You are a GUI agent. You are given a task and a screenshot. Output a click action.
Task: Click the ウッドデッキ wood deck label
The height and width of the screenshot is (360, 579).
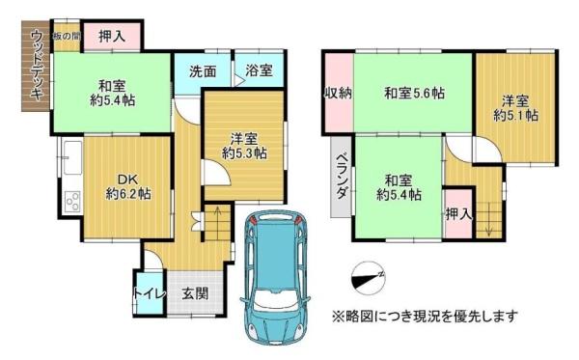tap(37, 65)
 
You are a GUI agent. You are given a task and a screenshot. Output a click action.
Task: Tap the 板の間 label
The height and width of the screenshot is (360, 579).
tap(67, 36)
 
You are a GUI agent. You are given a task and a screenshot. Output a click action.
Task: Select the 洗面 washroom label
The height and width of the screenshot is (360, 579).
tap(203, 71)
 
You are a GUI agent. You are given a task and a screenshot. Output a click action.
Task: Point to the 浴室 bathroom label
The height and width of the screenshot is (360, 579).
tap(260, 70)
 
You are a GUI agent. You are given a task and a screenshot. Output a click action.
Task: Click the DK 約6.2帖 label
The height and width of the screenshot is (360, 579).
tap(127, 187)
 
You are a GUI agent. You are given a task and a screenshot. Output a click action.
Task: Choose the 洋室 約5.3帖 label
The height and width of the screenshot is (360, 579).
tap(244, 146)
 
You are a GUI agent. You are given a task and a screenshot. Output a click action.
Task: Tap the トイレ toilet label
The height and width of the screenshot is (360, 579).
tap(150, 293)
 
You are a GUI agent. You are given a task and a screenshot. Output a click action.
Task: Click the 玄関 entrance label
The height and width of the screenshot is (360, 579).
tap(195, 294)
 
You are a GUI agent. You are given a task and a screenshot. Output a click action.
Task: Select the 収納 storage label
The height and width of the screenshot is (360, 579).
tap(339, 94)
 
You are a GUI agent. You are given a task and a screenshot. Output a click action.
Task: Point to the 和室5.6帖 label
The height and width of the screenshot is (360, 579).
tap(414, 93)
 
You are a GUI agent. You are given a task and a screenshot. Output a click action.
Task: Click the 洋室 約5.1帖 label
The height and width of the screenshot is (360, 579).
tap(515, 108)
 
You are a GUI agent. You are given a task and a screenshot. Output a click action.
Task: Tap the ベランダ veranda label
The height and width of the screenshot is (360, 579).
tap(342, 176)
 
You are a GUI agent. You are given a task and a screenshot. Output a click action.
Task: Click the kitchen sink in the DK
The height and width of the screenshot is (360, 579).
tap(72, 158)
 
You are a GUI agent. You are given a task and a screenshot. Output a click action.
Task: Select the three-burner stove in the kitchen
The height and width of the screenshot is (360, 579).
tap(73, 201)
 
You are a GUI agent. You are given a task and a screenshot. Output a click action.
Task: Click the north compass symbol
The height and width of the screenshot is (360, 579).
tap(369, 278)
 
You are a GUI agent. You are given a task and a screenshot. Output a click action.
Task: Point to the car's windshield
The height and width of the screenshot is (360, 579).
tap(275, 299)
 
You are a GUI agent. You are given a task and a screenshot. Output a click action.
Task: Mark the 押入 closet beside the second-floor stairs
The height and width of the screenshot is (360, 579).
tap(458, 214)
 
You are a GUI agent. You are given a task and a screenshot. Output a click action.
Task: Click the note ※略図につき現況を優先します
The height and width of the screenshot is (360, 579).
tap(425, 316)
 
